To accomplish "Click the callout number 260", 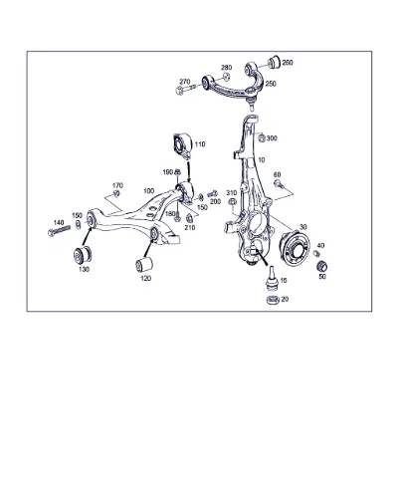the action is pyautogui.click(x=288, y=63).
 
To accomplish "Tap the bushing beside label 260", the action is pyautogui.click(x=274, y=61).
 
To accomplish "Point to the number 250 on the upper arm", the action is pyautogui.click(x=271, y=84).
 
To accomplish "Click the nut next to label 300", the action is pyautogui.click(x=262, y=137).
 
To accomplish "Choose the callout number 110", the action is pyautogui.click(x=200, y=144).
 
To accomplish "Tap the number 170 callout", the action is pyautogui.click(x=117, y=185).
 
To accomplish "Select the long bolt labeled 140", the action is pyautogui.click(x=60, y=230).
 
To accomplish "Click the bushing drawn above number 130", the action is pyautogui.click(x=84, y=254).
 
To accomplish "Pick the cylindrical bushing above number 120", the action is pyautogui.click(x=144, y=263).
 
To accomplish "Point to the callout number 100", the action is pyautogui.click(x=149, y=191).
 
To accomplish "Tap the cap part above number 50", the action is pyautogui.click(x=321, y=266).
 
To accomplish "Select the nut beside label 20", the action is pyautogui.click(x=273, y=299).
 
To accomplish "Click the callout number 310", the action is pyautogui.click(x=232, y=193).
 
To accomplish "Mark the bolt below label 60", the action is pyautogui.click(x=278, y=183).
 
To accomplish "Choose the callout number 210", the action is pyautogui.click(x=190, y=228).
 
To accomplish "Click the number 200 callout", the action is pyautogui.click(x=215, y=201).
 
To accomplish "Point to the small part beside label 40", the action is pyautogui.click(x=316, y=253).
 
